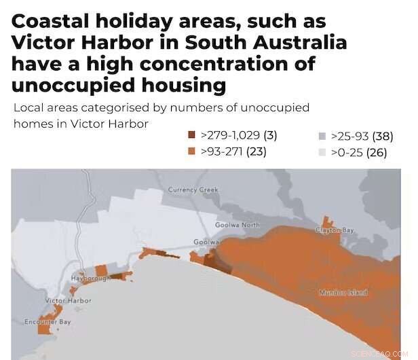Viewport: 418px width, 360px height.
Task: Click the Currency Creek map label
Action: tap(193, 190)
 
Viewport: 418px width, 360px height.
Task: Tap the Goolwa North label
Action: tap(237, 225)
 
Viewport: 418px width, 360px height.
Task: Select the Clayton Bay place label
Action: tap(335, 230)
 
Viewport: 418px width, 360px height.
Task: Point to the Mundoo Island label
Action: tap(343, 293)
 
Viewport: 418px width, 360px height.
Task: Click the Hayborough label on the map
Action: tap(91, 279)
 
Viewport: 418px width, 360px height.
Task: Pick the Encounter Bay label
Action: tap(47, 322)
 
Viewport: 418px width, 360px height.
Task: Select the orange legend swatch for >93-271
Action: tap(192, 151)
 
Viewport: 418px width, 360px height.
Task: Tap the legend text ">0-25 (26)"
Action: tap(358, 152)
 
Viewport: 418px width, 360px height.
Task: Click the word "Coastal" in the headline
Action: tap(51, 22)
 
